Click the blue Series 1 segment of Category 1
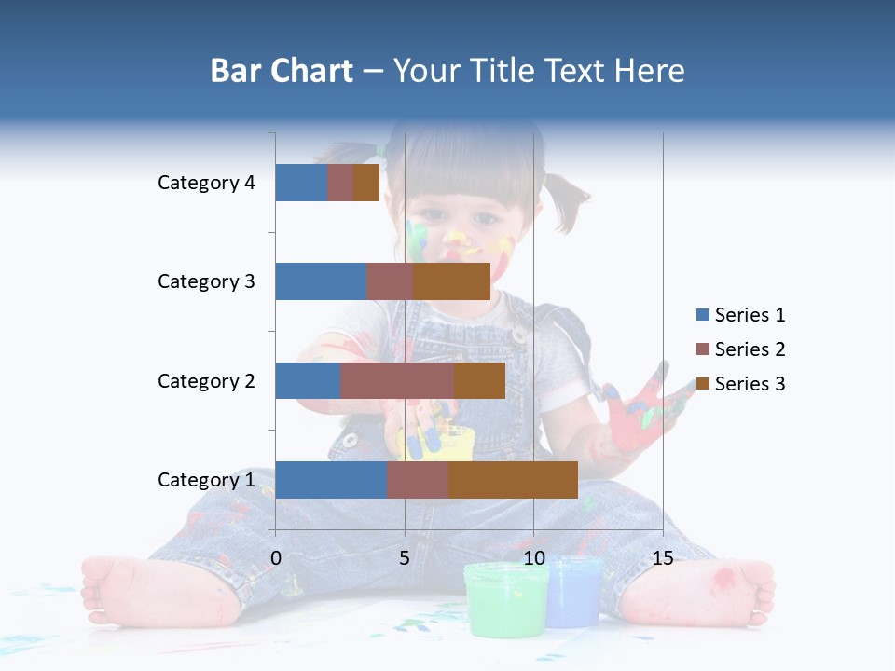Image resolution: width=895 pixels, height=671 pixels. click(x=330, y=480)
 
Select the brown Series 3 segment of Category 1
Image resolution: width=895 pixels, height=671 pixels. click(x=513, y=480)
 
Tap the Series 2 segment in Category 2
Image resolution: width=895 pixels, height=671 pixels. click(x=397, y=380)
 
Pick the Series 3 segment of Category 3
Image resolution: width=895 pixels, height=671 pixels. click(x=451, y=281)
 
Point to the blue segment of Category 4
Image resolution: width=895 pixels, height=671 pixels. click(x=300, y=183)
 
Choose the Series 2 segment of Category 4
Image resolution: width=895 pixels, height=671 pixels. click(x=340, y=183)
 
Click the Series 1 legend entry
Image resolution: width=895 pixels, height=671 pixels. click(x=741, y=315)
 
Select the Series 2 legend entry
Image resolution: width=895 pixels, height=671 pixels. click(x=741, y=349)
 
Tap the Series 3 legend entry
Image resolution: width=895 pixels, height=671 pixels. click(x=741, y=384)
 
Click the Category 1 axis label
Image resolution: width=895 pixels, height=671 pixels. click(x=205, y=480)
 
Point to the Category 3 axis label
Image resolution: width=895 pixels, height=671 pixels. click(x=205, y=281)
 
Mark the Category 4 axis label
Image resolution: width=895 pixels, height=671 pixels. click(x=205, y=183)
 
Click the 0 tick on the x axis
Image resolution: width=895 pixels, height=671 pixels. click(x=276, y=558)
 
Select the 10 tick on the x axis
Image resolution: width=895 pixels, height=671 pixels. click(x=533, y=558)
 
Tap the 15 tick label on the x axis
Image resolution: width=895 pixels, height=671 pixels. click(x=662, y=558)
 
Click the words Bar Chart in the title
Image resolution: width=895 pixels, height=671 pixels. click(x=281, y=71)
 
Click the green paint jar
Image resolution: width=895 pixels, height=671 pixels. click(x=504, y=601)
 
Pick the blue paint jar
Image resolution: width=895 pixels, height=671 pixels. click(x=573, y=595)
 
